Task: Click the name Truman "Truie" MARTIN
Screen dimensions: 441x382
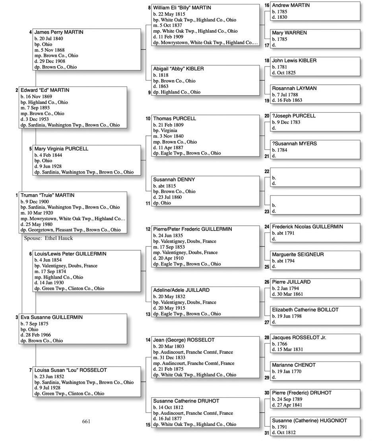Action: pyautogui.click(x=47, y=195)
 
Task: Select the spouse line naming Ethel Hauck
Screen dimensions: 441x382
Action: pyautogui.click(x=48, y=238)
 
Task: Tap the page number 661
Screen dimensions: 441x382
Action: pyautogui.click(x=86, y=421)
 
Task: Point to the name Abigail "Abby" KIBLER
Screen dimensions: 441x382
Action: pyautogui.click(x=178, y=69)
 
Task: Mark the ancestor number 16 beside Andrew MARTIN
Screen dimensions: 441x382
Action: pyautogui.click(x=267, y=6)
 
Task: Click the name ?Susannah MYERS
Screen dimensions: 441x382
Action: pyautogui.click(x=294, y=144)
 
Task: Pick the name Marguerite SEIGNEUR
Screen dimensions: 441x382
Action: pyautogui.click(x=298, y=254)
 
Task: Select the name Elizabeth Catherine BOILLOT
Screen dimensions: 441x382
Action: pyautogui.click(x=305, y=310)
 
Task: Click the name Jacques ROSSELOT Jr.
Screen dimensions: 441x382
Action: pyautogui.click(x=299, y=338)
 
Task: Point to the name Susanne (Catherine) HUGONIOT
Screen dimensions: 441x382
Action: pyautogui.click(x=309, y=420)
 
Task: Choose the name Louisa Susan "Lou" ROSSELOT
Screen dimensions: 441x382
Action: pyautogui.click(x=71, y=370)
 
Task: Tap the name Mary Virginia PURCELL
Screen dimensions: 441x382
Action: pyautogui.click(x=62, y=149)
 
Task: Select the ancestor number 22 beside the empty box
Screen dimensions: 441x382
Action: pyautogui.click(x=267, y=172)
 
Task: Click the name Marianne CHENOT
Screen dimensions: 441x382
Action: pyautogui.click(x=294, y=365)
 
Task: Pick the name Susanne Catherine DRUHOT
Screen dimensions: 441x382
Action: pyautogui.click(x=186, y=401)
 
